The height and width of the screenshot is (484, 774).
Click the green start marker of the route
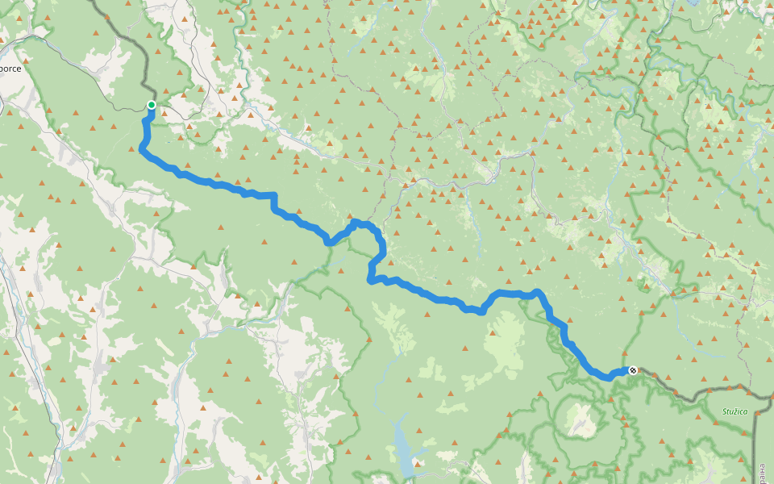click(152, 105)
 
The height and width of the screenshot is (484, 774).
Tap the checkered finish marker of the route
click(633, 370)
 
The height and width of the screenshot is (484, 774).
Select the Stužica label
click(734, 412)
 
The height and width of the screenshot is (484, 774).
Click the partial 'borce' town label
click(10, 69)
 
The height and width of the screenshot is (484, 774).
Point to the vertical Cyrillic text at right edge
click(762, 468)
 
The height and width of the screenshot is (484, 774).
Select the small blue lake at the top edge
click(691, 2)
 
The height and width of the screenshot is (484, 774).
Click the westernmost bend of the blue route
click(142, 148)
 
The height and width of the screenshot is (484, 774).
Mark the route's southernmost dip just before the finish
click(607, 377)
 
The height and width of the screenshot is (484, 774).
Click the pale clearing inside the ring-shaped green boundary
click(579, 417)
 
